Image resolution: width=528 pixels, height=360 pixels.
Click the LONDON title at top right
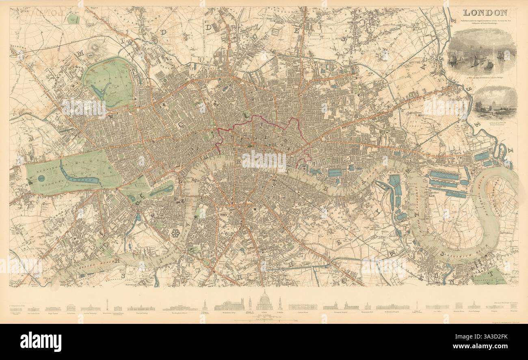[x=484, y=13]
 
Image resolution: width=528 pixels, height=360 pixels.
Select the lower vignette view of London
[x=495, y=101]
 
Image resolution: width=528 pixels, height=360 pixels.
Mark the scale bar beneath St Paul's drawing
[x=264, y=321]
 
